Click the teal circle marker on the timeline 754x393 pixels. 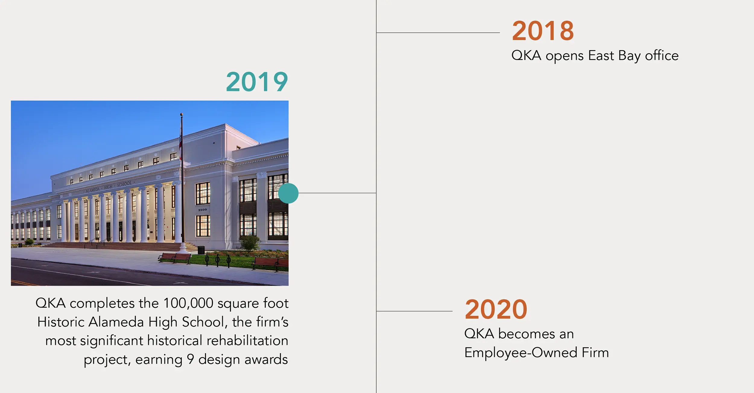coord(288,193)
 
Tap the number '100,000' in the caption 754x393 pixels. coord(188,303)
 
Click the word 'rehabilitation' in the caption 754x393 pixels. coord(248,340)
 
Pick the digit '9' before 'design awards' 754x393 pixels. coord(190,359)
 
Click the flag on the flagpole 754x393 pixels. coord(180,142)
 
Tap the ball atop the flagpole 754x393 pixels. coord(182,115)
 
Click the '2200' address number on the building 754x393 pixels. coord(203,209)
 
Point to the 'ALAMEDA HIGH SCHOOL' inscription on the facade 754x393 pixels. coord(109,187)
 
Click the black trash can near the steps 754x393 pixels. coord(201,250)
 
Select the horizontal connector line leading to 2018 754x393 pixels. coord(438,33)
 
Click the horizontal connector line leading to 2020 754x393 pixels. coord(414,311)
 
